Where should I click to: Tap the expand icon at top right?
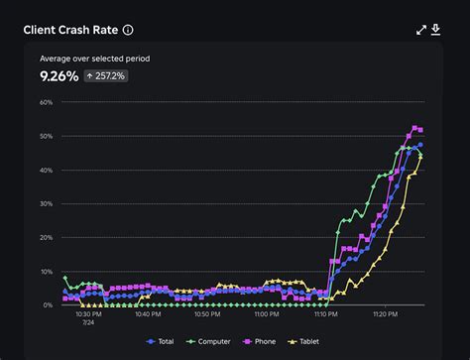(421, 30)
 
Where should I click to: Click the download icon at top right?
(435, 30)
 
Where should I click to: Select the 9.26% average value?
(58, 75)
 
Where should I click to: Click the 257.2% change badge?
(106, 75)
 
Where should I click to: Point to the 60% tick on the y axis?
(46, 102)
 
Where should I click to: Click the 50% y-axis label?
(46, 136)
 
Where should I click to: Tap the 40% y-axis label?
(46, 170)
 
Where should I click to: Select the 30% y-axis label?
(46, 203)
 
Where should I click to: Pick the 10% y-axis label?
(46, 272)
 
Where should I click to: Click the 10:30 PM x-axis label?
(89, 314)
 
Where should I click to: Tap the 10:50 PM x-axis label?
(207, 314)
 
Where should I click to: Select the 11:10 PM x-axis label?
(325, 314)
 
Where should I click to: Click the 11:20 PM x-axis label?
(385, 314)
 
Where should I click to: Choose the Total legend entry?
(162, 341)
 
